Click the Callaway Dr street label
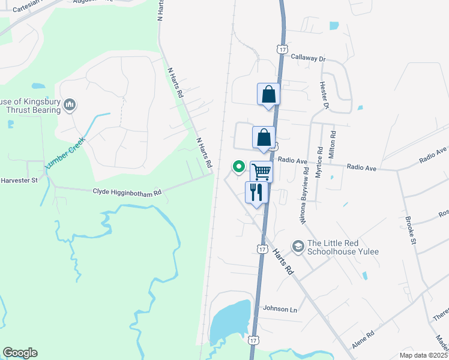coord(307,59)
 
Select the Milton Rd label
coord(333,144)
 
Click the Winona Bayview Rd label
coord(304,196)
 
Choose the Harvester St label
coord(19,180)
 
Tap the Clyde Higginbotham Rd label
coord(127,193)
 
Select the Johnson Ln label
coord(280,310)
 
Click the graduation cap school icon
coord(297,247)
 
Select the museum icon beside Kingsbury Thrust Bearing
coord(70,106)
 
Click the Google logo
coord(20,353)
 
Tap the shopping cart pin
coord(261,172)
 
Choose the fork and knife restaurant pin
coord(256,193)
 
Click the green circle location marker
coord(238,166)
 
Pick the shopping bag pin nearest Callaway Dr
coord(268,94)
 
